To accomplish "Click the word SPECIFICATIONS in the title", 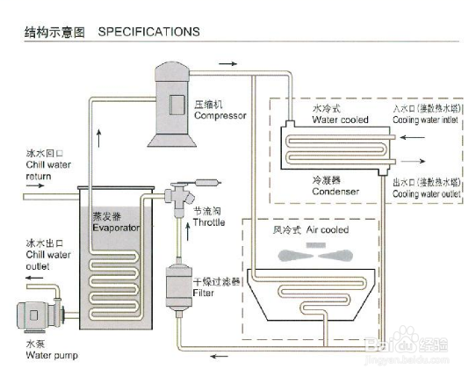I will pyautogui.click(x=148, y=32).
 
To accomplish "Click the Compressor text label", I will pyautogui.click(x=219, y=115).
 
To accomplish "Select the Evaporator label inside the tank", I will pyautogui.click(x=116, y=228).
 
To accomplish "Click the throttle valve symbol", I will pyautogui.click(x=179, y=194).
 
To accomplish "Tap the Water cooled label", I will pyautogui.click(x=341, y=120).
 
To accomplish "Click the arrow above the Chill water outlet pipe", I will pyautogui.click(x=36, y=279).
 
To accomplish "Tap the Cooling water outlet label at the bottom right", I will pyautogui.click(x=427, y=191).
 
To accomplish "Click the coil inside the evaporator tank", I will pyautogui.click(x=115, y=276).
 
